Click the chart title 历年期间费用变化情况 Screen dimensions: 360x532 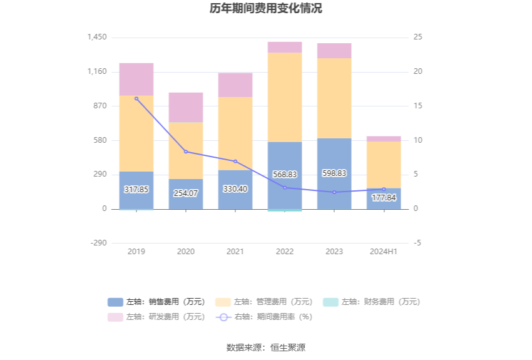(266, 9)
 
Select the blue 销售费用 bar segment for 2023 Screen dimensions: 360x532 (334, 157)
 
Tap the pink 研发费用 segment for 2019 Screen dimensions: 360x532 (136, 80)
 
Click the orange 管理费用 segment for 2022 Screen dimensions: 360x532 (285, 97)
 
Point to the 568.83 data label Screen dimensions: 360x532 (285, 175)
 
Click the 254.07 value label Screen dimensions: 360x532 (186, 193)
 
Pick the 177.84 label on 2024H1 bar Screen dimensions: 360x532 (384, 198)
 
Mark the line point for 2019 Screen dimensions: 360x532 (136, 98)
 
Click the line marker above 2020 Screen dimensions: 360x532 (186, 152)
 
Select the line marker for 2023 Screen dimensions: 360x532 (334, 192)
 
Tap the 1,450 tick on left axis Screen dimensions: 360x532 (97, 38)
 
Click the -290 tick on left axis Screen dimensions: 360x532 (98, 243)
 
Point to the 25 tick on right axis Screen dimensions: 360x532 (418, 38)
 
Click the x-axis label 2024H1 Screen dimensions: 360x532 (384, 252)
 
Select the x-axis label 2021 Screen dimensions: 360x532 (235, 252)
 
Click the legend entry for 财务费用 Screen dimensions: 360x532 (372, 302)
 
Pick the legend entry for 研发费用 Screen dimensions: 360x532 (156, 317)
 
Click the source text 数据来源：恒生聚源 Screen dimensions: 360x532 (266, 347)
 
